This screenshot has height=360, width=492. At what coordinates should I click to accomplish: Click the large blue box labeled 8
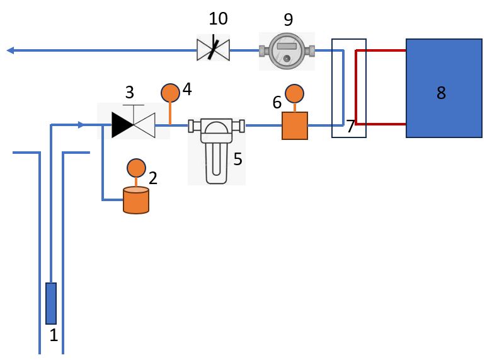[443, 88]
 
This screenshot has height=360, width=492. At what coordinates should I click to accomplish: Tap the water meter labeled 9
[287, 50]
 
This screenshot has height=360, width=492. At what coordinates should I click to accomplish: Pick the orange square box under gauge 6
[294, 125]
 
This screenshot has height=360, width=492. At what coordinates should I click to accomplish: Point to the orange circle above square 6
[294, 95]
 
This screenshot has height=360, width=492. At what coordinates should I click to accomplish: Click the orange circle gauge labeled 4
[171, 93]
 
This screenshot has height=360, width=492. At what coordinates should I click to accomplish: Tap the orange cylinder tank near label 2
[135, 200]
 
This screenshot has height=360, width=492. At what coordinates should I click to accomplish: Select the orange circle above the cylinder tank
[136, 168]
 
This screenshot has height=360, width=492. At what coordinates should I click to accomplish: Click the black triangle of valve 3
[121, 125]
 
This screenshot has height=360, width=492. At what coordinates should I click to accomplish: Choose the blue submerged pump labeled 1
[51, 303]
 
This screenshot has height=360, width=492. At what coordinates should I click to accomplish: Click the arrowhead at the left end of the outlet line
[10, 50]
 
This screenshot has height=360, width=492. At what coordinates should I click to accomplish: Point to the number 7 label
[350, 126]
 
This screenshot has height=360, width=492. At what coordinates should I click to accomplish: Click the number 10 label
[213, 19]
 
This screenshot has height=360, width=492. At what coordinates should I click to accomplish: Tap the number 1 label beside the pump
[54, 335]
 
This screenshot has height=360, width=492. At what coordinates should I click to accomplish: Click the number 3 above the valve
[129, 93]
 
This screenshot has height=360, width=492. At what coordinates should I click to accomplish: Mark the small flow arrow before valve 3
[80, 125]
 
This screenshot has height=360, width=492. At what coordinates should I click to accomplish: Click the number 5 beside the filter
[237, 159]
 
